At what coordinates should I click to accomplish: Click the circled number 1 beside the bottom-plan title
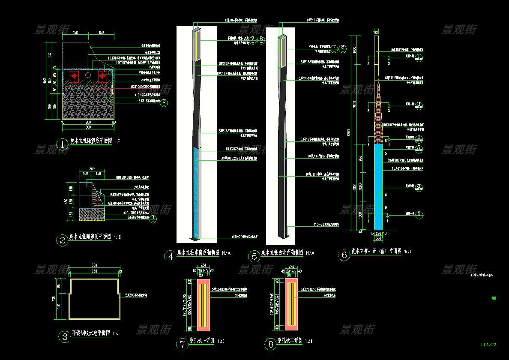63,144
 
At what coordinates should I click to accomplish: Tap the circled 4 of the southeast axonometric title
171,256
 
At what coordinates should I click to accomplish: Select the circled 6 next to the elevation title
344,255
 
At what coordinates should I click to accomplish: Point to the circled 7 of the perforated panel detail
183,344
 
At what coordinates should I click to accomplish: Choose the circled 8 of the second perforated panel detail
270,344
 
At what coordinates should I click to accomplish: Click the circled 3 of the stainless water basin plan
64,336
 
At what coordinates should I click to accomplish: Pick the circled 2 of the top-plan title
63,240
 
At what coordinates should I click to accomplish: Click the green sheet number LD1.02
488,344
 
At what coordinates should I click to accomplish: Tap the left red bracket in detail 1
74,76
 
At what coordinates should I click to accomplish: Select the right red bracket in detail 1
102,76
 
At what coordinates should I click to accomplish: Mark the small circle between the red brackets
88,75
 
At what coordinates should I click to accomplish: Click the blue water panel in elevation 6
378,186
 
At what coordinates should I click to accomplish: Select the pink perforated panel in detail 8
285,305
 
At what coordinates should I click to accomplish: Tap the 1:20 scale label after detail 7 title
221,342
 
